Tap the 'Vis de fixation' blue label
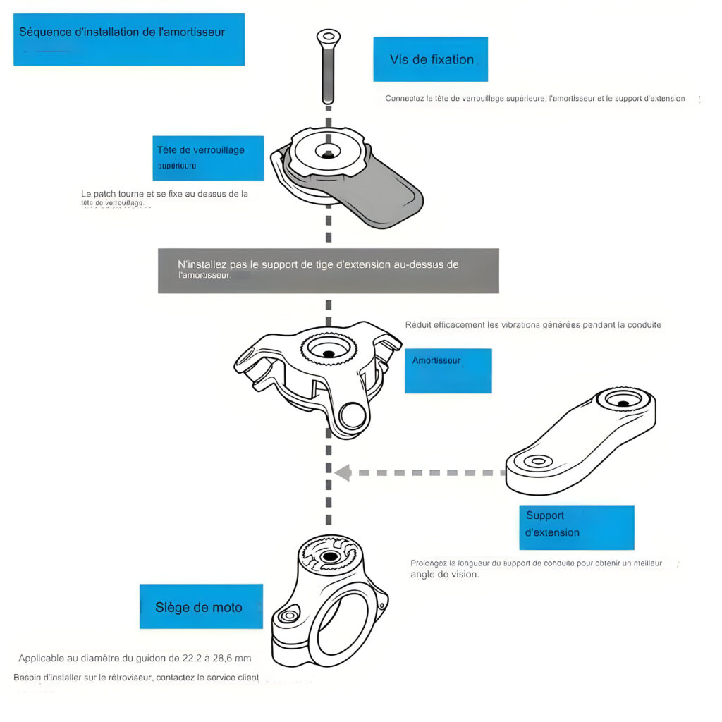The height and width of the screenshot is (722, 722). [x=430, y=59]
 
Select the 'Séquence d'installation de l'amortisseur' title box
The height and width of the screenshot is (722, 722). [x=129, y=39]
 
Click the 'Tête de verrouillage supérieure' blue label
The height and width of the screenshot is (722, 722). [x=210, y=158]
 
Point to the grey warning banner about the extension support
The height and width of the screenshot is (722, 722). [x=328, y=271]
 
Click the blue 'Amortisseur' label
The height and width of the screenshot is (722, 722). [x=448, y=370]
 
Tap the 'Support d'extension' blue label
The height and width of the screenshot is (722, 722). [x=576, y=527]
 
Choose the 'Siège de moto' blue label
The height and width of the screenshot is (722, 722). [x=201, y=606]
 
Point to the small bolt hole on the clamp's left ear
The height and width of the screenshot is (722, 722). [x=288, y=616]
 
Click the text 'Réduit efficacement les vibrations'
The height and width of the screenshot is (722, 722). [x=533, y=325]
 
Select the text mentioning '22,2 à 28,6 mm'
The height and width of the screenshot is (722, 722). [x=135, y=659]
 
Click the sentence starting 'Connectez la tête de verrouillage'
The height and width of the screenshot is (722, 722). [x=535, y=99]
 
